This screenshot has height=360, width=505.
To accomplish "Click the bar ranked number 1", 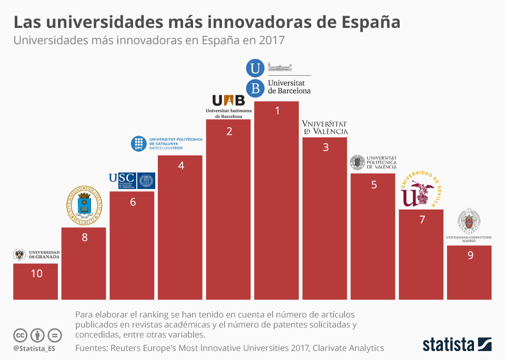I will (x=277, y=200).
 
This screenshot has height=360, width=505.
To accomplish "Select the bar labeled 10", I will (x=36, y=282).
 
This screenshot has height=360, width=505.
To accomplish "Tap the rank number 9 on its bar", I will (x=470, y=255).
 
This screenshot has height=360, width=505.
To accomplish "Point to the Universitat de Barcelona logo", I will (x=279, y=78).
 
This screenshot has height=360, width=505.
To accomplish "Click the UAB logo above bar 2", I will (x=228, y=106).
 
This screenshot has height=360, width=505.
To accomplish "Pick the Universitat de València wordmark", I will (x=325, y=127).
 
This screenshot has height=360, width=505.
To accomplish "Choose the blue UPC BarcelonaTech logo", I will (x=166, y=144).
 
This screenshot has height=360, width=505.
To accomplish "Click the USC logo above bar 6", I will (x=132, y=181).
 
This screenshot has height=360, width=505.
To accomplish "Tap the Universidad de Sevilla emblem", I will (x=421, y=190).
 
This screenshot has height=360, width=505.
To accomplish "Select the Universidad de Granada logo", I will (x=36, y=255).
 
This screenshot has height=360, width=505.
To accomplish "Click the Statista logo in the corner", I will (x=457, y=345).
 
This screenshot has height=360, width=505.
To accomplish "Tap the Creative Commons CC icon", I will (x=21, y=335).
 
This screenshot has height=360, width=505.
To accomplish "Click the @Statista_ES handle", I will (x=34, y=348).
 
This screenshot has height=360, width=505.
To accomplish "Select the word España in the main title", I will (x=371, y=22).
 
